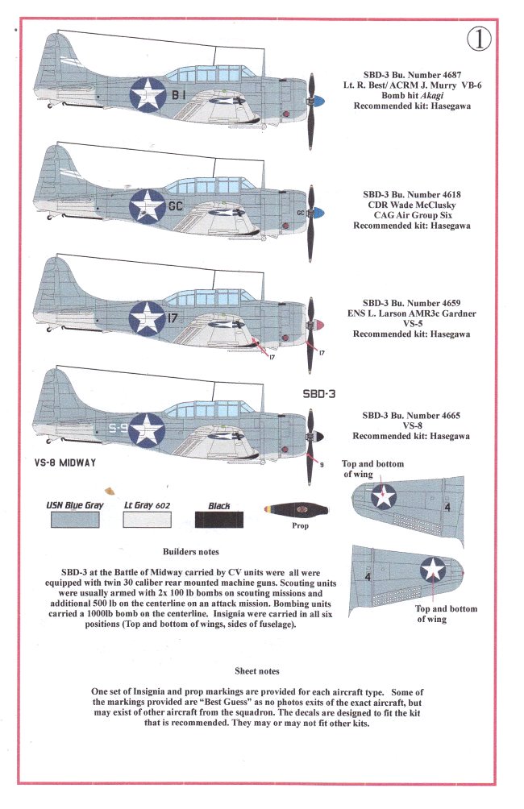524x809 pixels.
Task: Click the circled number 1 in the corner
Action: pos(479,38)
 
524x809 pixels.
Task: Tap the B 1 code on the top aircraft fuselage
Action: pos(177,94)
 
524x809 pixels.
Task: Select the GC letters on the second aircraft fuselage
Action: pos(177,205)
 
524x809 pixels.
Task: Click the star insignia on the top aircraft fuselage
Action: pos(148,94)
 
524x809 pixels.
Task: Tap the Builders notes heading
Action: pos(191,552)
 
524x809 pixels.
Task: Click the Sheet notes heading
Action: pos(257,670)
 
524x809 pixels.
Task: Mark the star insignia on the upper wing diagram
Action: pos(384,496)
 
